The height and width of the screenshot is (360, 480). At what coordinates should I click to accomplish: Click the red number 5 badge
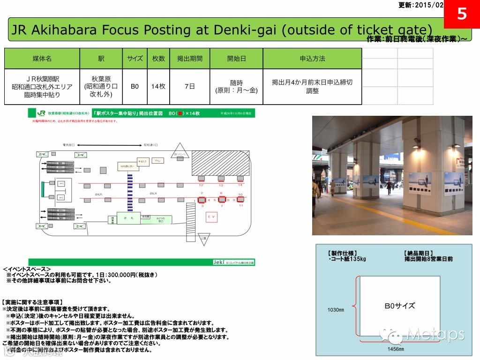pos(462,14)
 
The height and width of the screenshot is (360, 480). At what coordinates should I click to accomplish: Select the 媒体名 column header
pos(42,59)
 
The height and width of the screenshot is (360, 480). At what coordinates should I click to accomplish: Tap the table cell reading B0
pos(135,87)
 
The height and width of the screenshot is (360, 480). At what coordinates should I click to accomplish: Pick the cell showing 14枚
pos(158,87)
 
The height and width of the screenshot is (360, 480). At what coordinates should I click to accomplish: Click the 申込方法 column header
pos(312,59)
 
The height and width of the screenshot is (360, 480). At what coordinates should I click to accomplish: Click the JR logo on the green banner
pos(41,113)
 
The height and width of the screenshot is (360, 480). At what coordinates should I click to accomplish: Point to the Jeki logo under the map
pos(219,262)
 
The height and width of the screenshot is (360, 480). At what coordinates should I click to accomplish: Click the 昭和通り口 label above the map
pos(151,145)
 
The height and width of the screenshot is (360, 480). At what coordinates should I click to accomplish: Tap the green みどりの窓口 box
pos(160,219)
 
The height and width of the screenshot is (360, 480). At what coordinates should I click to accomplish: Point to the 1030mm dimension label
pos(335,310)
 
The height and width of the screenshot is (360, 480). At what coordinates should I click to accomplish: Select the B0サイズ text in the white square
pos(399,306)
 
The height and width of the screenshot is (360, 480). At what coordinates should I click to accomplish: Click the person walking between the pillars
pos(389,186)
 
